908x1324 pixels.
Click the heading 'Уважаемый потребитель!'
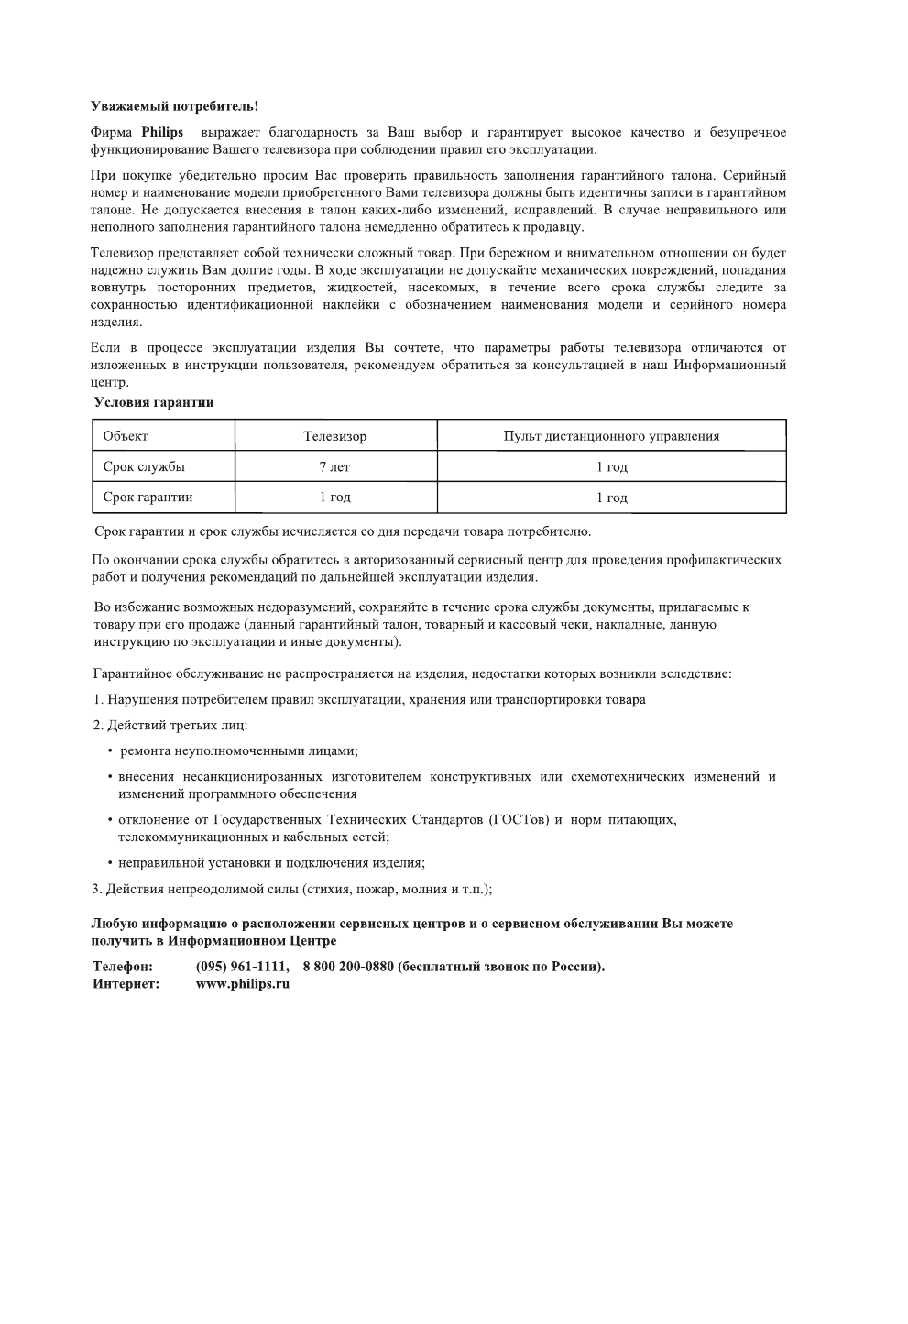tap(174, 108)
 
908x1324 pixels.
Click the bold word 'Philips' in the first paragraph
tap(162, 133)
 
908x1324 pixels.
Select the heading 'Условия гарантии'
tap(154, 402)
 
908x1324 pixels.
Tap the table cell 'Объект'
tap(126, 436)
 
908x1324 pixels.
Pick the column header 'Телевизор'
tap(335, 436)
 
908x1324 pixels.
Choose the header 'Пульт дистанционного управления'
tap(611, 436)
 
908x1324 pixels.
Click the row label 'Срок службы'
tap(144, 466)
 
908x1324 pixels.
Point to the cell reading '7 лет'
tap(335, 466)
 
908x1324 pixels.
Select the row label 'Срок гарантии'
tap(148, 497)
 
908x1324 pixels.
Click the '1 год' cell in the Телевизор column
tap(335, 497)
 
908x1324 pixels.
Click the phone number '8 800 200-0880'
tap(347, 967)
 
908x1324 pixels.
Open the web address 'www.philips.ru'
tap(243, 984)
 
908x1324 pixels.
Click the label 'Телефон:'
tap(123, 967)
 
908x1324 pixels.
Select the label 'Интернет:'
tap(126, 984)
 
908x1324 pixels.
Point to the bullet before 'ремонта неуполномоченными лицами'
tap(110, 751)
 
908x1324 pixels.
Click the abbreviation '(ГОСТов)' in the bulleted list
tap(520, 819)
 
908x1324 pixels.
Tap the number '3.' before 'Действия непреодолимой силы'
tap(96, 889)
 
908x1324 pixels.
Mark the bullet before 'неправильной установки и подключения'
tap(110, 863)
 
